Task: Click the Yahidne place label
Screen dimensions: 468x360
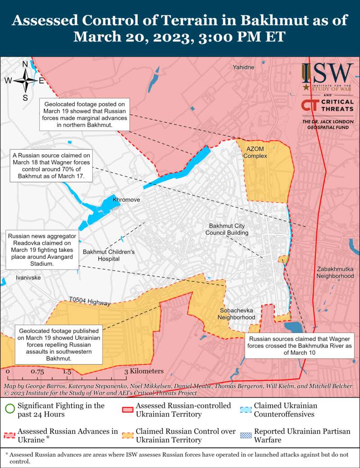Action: [243, 67]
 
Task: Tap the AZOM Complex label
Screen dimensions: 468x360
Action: [255, 152]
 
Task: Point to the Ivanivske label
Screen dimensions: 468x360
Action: [28, 278]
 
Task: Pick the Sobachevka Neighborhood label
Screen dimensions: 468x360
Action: [237, 314]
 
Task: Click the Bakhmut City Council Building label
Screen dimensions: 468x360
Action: [227, 229]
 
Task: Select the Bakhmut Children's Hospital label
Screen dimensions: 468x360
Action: [108, 255]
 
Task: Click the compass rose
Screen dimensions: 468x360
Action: [25, 81]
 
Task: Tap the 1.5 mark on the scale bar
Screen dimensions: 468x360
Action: [67, 372]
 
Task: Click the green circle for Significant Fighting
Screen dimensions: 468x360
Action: [9, 409]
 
